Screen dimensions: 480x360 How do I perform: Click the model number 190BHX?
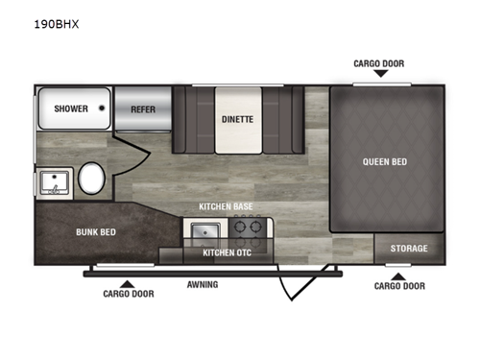click(x=57, y=24)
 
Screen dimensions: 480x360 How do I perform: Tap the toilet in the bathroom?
click(x=91, y=179)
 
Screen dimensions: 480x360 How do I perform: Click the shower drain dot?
click(x=102, y=108)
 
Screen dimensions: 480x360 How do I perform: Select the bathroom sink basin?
click(x=55, y=182)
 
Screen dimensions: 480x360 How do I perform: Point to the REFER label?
click(x=143, y=109)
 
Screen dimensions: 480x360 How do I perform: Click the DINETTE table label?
click(x=237, y=119)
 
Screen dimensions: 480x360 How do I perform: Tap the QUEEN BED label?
click(x=385, y=162)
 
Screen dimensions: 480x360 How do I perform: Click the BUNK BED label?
click(x=96, y=232)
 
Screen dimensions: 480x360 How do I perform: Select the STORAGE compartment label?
click(x=409, y=249)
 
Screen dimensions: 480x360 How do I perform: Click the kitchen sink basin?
click(x=205, y=230)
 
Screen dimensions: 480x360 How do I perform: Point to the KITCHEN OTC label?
click(x=227, y=252)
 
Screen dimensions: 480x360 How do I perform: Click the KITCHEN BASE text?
click(x=226, y=206)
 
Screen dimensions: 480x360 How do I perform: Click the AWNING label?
click(x=203, y=284)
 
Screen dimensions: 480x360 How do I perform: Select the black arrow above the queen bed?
click(x=381, y=74)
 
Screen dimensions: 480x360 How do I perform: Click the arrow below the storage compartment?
click(x=398, y=276)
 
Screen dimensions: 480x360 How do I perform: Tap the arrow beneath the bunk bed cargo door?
click(x=128, y=284)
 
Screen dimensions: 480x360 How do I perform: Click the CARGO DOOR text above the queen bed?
click(x=379, y=63)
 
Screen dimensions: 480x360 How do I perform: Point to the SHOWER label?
click(x=71, y=108)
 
